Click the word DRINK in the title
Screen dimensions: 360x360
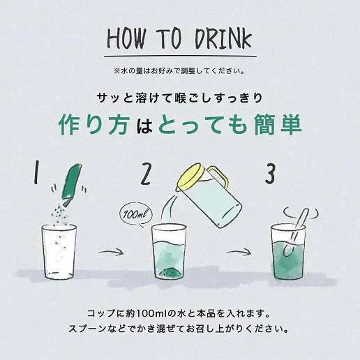coord(222,38)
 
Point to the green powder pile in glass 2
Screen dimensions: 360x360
coord(170,269)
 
